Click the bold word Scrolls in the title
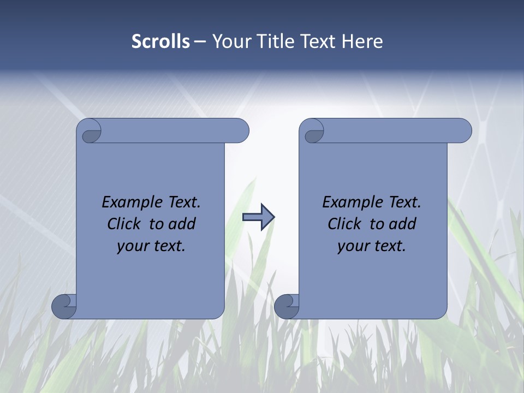coord(160,41)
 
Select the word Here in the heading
coord(362,41)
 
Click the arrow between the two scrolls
coord(258,217)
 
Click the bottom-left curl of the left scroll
coord(64,306)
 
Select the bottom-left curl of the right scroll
coord(287,306)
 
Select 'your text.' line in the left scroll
coord(151,246)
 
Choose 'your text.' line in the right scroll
coord(372,246)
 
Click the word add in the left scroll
coord(182,224)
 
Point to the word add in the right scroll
coord(402,224)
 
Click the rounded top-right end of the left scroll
coord(240,131)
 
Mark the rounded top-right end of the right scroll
coord(463,131)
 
